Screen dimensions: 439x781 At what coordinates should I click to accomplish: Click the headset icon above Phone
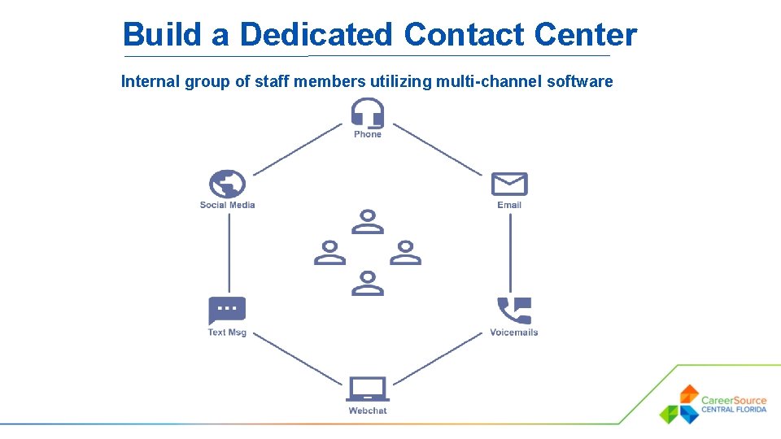pyautogui.click(x=368, y=113)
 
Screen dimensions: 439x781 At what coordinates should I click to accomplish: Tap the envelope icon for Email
pyautogui.click(x=509, y=185)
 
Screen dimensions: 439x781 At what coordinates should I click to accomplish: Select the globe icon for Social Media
pyautogui.click(x=227, y=185)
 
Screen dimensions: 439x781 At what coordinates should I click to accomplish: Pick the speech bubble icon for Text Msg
pyautogui.click(x=227, y=311)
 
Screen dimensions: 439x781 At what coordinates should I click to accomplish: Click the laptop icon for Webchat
pyautogui.click(x=368, y=389)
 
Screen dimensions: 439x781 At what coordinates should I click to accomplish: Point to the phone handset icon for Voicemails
pyautogui.click(x=514, y=311)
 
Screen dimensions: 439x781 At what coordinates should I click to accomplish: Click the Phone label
pyautogui.click(x=368, y=134)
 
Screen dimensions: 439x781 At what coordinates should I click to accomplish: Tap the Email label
pyautogui.click(x=509, y=205)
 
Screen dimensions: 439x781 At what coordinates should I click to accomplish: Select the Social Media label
pyautogui.click(x=227, y=205)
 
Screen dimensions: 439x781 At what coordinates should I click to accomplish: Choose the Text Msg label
pyautogui.click(x=227, y=332)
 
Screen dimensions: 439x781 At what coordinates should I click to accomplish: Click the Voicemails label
pyautogui.click(x=514, y=332)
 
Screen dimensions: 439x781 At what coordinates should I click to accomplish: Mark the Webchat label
pyautogui.click(x=368, y=411)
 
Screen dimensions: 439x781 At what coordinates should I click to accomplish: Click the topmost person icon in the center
pyautogui.click(x=368, y=222)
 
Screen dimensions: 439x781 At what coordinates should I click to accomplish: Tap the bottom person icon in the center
pyautogui.click(x=368, y=283)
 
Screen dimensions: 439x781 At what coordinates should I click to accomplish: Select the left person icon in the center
pyautogui.click(x=329, y=253)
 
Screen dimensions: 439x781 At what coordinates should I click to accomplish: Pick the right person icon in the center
pyautogui.click(x=405, y=253)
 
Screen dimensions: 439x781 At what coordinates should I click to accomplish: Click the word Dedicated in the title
pyautogui.click(x=316, y=35)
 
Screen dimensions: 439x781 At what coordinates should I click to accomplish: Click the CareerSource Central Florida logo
pyautogui.click(x=713, y=404)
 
